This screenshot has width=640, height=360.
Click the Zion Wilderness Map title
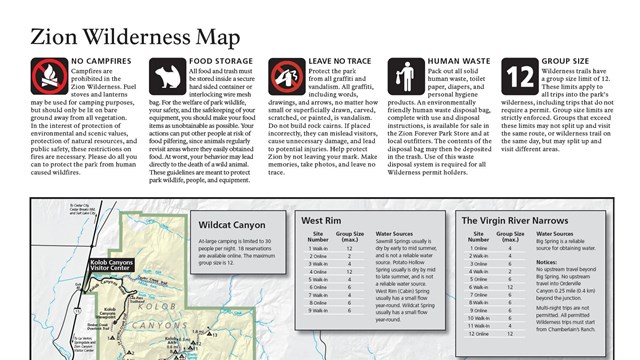tap(135, 38)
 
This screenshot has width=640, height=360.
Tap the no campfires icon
tap(49, 76)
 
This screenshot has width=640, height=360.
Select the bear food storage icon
tap(167, 76)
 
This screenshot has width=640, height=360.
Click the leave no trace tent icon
tap(286, 76)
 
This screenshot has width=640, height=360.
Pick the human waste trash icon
tap(404, 76)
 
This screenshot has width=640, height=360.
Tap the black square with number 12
tap(521, 76)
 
